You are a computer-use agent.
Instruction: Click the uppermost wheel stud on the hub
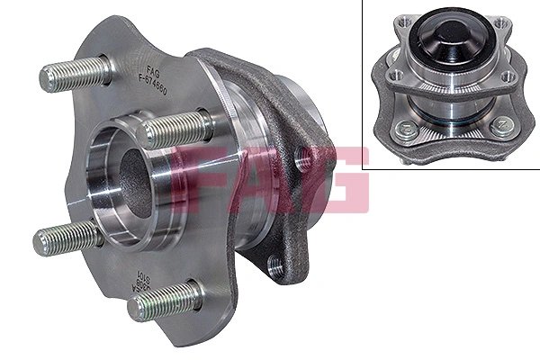76,71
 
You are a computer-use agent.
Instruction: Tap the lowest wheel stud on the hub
163,301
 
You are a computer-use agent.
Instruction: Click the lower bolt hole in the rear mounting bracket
275,265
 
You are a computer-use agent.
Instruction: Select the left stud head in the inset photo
407,127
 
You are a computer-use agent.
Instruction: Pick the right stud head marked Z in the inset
499,126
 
